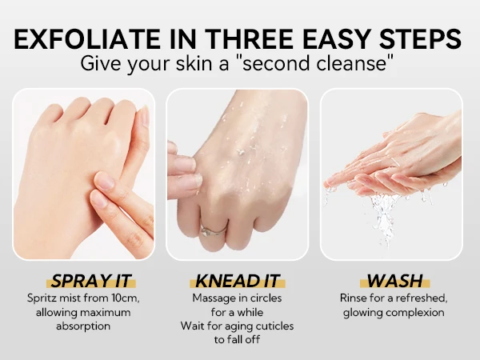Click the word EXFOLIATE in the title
pyautogui.click(x=87, y=39)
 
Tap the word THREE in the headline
pyautogui.click(x=249, y=39)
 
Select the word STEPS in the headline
pyautogui.click(x=420, y=39)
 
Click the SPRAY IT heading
pyautogui.click(x=91, y=281)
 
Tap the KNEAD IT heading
pyautogui.click(x=237, y=281)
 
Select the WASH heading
pyautogui.click(x=394, y=281)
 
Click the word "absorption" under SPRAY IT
pyautogui.click(x=83, y=326)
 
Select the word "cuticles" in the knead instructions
pyautogui.click(x=274, y=326)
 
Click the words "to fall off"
pyautogui.click(x=237, y=339)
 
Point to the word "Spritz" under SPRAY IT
pyautogui.click(x=42, y=298)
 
